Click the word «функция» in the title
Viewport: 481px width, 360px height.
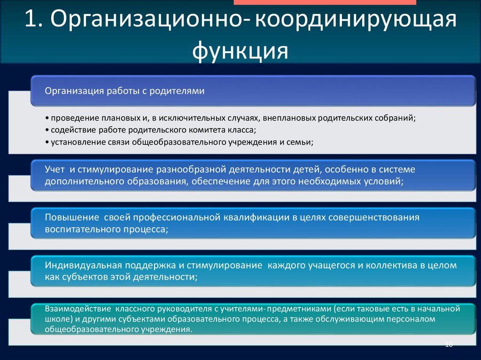pos(240,50)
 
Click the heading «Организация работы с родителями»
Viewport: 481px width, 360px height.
pos(124,91)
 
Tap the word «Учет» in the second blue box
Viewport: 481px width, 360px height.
pos(55,169)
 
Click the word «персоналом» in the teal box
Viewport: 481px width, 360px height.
pos(414,319)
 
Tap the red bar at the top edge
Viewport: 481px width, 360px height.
pos(324,2)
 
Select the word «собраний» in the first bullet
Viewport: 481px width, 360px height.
pos(397,118)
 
